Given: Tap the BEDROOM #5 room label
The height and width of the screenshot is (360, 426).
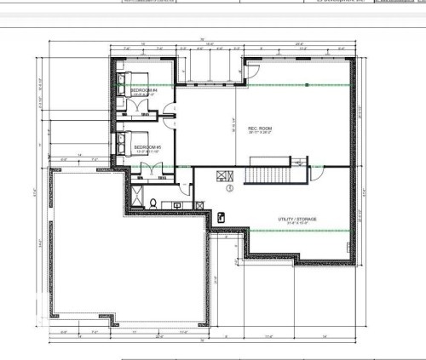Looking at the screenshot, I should point(147,147).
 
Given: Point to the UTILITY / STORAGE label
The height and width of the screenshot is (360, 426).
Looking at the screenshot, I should point(297,219).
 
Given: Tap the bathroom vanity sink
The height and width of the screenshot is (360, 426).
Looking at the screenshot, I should point(178,204).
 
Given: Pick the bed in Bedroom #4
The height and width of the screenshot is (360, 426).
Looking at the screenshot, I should point(124,86).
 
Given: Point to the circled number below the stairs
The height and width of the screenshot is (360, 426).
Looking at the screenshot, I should point(230,190).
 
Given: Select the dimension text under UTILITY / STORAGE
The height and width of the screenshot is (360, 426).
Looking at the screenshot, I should point(297,224).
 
